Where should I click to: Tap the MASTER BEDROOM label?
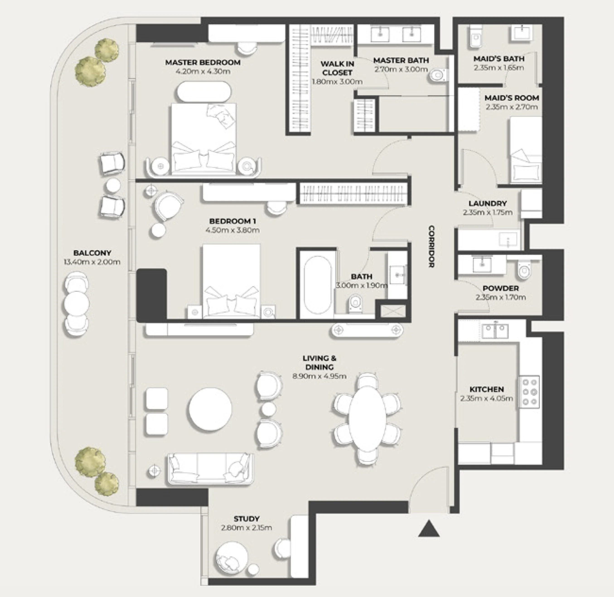[203, 62]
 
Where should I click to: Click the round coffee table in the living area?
[210, 409]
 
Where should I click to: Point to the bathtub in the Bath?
[317, 285]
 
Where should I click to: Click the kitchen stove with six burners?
[530, 392]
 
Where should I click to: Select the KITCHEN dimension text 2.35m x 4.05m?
[486, 398]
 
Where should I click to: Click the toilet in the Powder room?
[524, 270]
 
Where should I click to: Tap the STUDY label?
[247, 519]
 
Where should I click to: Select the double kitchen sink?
[495, 331]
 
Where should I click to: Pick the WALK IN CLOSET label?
[337, 68]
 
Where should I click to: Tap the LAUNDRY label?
[488, 203]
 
